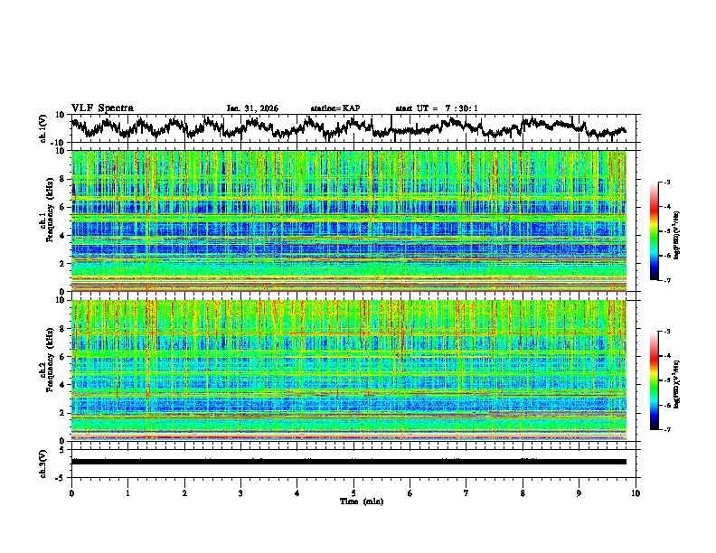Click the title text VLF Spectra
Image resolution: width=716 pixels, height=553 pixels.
point(102,108)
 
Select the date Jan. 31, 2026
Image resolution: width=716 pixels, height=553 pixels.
point(252,108)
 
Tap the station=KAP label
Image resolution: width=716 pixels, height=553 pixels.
point(334,108)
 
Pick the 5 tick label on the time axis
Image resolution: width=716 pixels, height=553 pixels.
point(353,493)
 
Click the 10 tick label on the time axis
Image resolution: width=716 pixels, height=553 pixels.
point(636,493)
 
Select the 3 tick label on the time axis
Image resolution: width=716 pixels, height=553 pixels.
point(240,493)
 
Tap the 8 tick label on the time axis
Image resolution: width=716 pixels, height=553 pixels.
point(523,493)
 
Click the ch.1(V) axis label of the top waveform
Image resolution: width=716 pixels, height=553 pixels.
point(43,128)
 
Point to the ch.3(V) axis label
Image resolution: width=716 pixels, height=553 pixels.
point(43,461)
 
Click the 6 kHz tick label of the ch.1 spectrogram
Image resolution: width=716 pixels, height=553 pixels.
point(63,207)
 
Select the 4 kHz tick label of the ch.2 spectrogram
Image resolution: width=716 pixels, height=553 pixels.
point(63,385)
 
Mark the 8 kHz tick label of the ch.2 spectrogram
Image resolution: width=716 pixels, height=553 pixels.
point(63,329)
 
